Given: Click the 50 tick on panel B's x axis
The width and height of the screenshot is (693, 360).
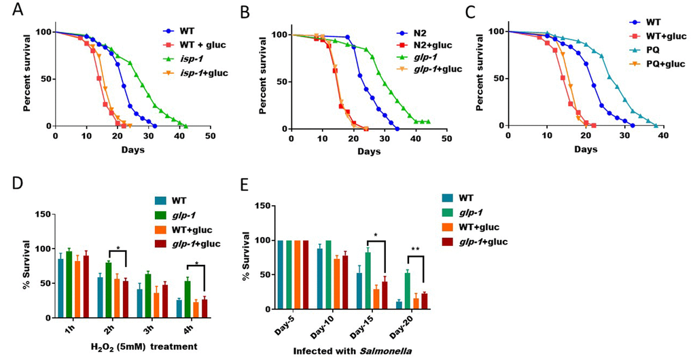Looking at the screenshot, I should (x=446, y=139).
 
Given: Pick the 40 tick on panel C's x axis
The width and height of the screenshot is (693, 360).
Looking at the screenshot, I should (x=662, y=136).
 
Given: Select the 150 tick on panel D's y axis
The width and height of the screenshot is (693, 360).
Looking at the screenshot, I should (x=42, y=214).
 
